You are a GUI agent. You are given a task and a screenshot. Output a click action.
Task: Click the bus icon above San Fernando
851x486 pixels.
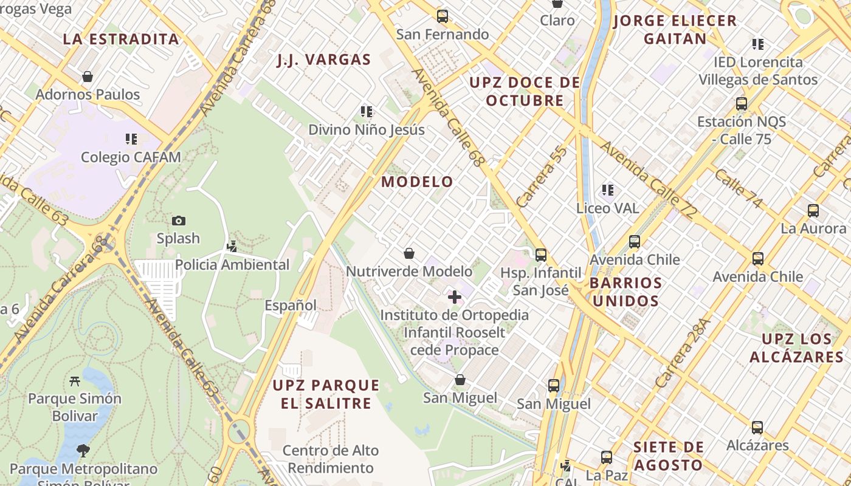point(443,16)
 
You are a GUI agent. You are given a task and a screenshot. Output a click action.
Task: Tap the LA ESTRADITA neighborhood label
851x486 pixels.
point(121,39)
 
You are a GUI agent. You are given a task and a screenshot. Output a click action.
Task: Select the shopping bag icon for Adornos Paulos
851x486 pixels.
point(88,77)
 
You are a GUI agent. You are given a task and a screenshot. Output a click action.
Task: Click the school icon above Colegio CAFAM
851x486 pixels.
point(131,139)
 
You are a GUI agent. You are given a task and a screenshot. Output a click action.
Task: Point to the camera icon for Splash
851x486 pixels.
point(178,221)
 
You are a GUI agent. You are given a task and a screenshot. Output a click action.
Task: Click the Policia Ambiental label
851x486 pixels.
point(232,265)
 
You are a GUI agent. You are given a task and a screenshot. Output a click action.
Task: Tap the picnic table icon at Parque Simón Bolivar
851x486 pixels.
point(75,381)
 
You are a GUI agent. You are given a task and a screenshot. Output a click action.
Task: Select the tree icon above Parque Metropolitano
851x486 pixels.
point(83,451)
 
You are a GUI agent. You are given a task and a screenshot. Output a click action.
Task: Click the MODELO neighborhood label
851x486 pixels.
point(417,182)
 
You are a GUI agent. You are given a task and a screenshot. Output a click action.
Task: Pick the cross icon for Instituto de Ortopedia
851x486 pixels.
point(454,297)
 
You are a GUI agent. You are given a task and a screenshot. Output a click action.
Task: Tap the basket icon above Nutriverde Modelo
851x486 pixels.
point(409,253)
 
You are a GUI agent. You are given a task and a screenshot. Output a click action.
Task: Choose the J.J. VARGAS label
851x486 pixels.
point(323,60)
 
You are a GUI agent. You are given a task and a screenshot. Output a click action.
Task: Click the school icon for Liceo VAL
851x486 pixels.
point(607,190)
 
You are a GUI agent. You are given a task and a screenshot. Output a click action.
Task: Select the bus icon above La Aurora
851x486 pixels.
point(813,211)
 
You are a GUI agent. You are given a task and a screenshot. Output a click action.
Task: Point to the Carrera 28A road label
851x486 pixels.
point(683,354)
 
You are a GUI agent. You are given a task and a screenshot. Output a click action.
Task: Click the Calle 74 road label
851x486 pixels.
point(738,188)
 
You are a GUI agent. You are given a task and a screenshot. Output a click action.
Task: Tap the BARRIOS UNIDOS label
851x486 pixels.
point(625,292)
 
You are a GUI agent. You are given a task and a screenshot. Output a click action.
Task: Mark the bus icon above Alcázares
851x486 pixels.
point(757,427)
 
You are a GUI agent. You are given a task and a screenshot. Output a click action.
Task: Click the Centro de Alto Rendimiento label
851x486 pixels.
point(331,459)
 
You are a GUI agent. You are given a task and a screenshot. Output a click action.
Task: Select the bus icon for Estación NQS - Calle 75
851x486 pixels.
point(742,104)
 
